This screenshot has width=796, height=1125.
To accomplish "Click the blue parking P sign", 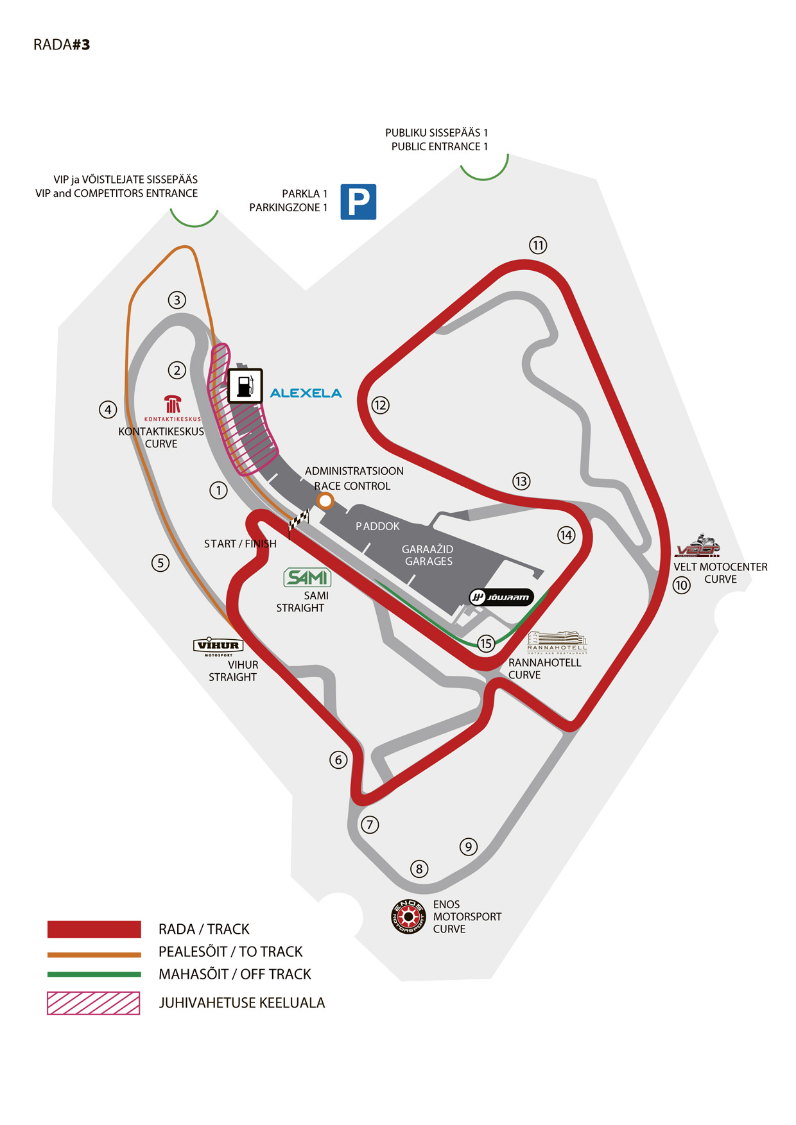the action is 358,202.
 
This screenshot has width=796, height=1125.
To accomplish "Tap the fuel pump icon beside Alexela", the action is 245,386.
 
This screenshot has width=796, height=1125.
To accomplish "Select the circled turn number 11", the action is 538,245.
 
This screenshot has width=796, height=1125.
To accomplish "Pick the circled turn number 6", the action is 338,760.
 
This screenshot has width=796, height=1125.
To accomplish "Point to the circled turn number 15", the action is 486,643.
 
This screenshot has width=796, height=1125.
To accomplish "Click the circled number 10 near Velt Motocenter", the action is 682,585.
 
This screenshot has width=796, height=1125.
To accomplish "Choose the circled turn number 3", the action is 177,300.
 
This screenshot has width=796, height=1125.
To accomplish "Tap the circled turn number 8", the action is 419,869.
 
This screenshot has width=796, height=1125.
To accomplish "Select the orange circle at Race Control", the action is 325,501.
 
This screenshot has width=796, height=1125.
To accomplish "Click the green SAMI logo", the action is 307,578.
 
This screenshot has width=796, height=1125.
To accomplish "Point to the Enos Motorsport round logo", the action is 409,916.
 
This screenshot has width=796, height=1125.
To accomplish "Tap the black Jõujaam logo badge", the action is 501,597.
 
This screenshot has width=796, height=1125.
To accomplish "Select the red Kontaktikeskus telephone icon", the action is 173,404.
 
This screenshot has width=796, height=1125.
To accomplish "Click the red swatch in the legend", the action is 94,929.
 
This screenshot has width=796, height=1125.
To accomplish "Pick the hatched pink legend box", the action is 94,1003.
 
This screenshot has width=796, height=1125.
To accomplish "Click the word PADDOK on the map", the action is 378,526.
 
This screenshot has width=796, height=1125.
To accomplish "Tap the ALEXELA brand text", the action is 306,393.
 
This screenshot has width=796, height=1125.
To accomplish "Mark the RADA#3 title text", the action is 62,45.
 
